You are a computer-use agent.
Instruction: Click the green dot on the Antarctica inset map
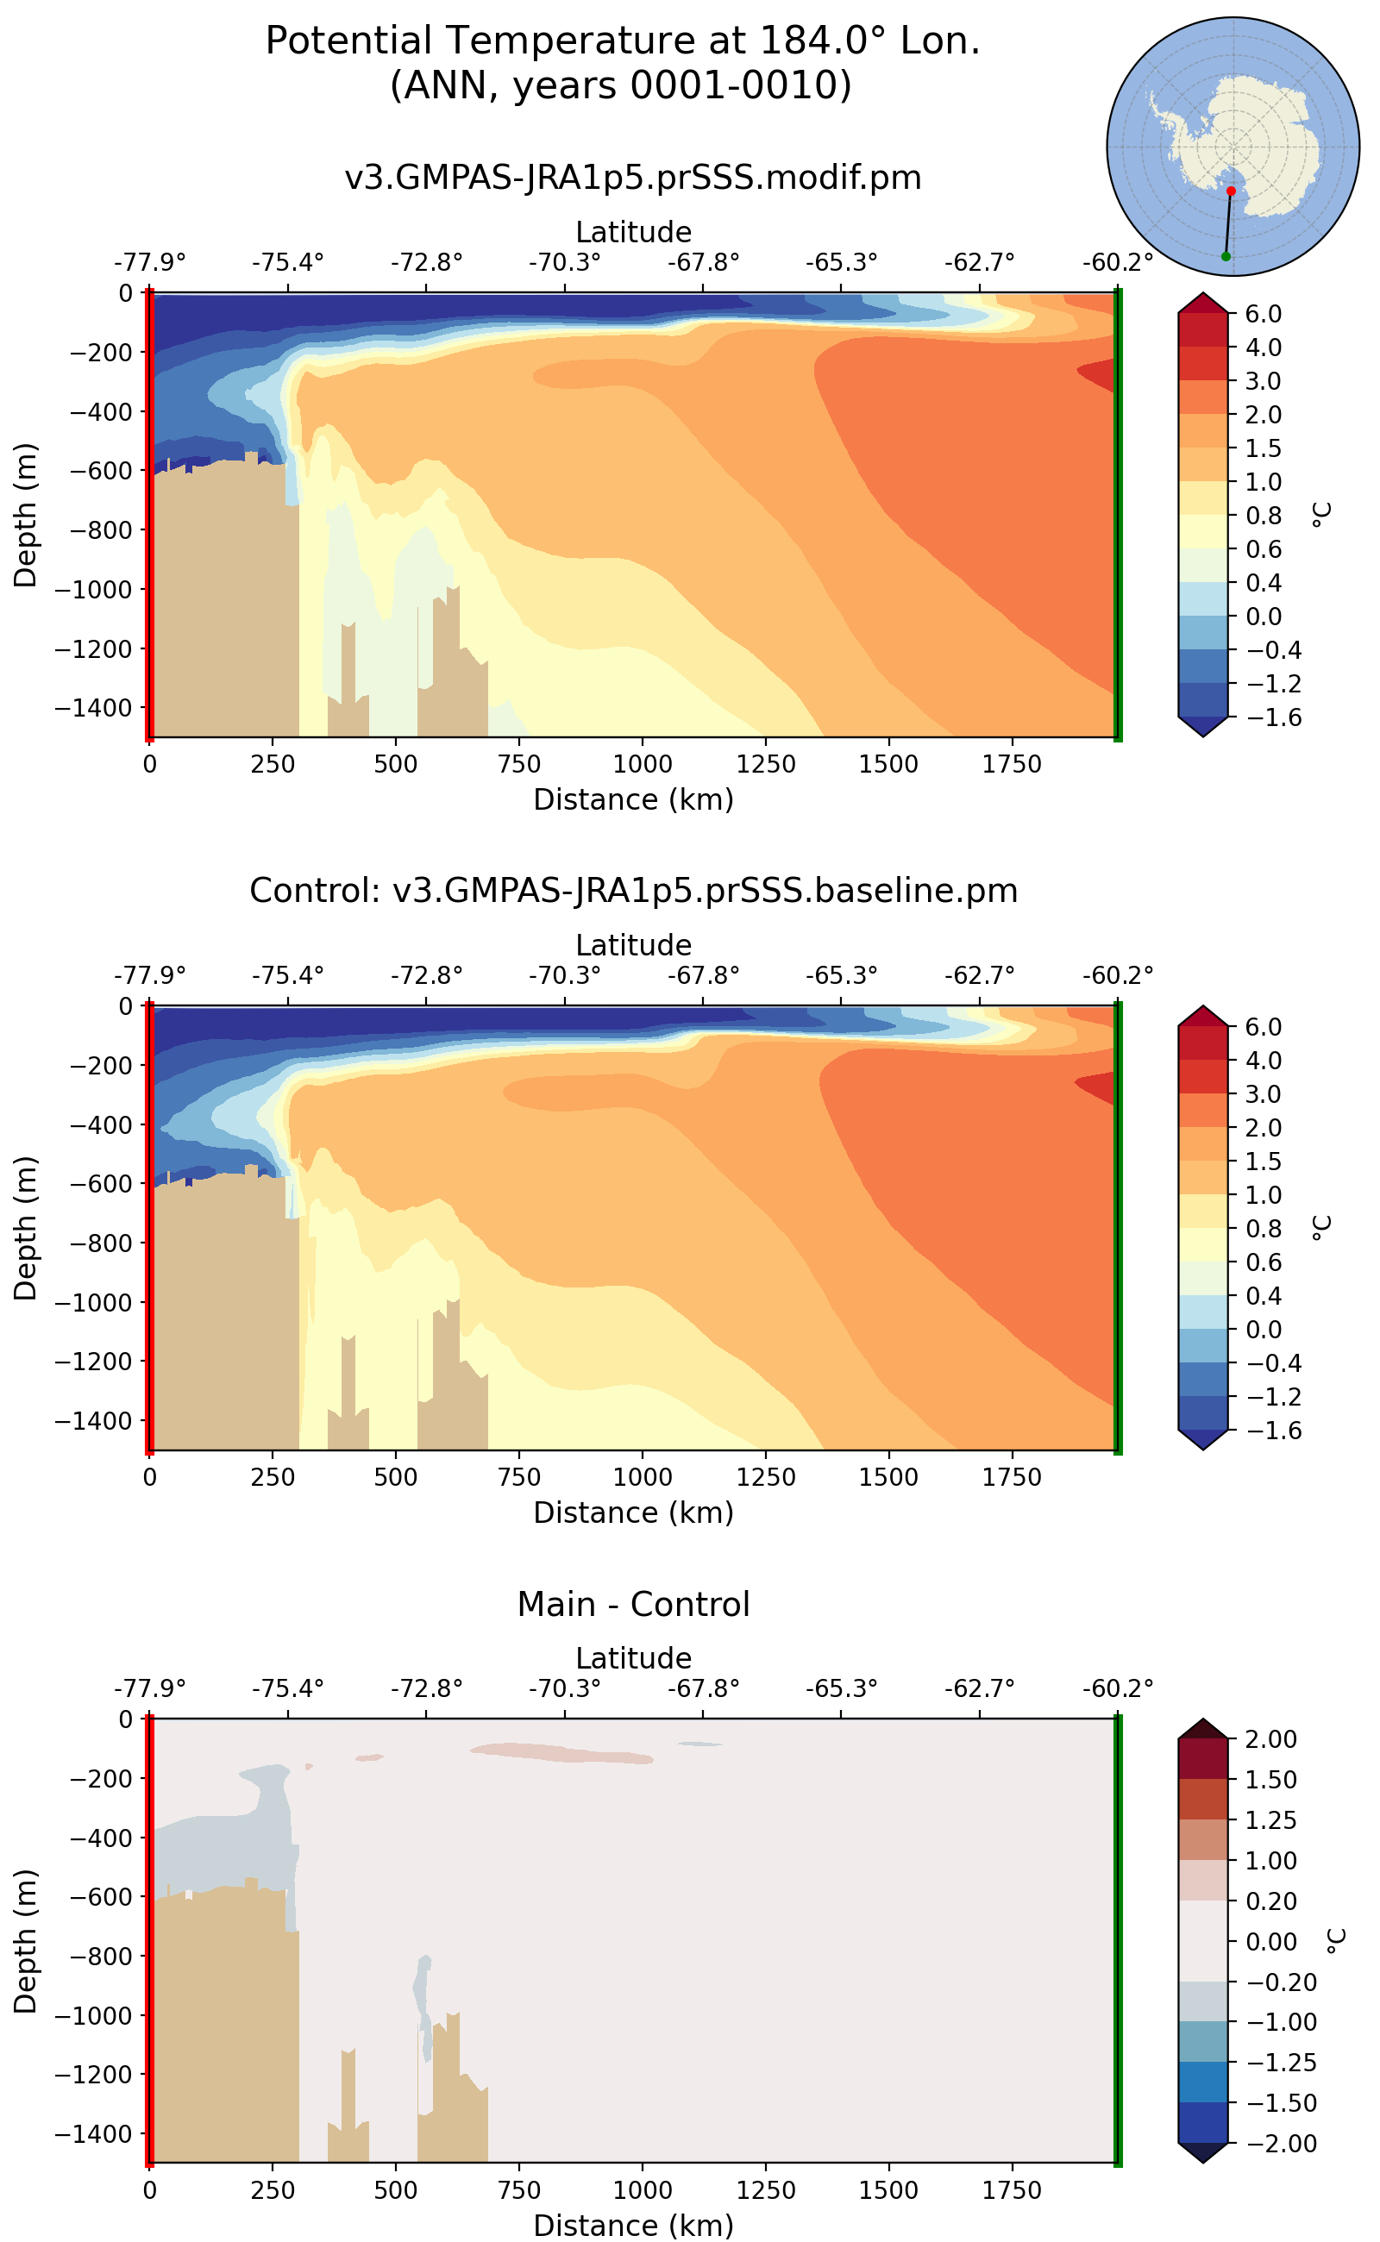(1225, 256)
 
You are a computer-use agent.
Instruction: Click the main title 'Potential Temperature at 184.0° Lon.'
(623, 41)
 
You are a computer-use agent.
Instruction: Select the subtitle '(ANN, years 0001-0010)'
(621, 85)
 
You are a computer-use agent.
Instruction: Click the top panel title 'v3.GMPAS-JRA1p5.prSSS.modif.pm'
(632, 177)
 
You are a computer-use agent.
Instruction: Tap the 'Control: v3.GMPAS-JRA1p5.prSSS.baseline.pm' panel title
(632, 890)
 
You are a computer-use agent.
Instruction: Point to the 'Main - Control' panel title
(632, 1604)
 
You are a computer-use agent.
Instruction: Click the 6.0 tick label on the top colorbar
(1264, 314)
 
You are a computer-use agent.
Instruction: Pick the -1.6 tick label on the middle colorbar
(1264, 1430)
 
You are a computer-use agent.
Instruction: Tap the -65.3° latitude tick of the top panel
(841, 264)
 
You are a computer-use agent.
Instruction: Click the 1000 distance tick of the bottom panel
(642, 2190)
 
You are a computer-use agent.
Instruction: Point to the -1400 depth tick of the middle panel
(94, 1421)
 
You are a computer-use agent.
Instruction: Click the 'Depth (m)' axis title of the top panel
(26, 516)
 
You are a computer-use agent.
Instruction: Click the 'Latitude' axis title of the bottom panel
(632, 1658)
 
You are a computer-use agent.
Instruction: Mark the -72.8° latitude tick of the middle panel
(426, 976)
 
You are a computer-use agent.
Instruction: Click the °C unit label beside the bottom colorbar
(1334, 1941)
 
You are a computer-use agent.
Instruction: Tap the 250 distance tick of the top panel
(272, 764)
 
